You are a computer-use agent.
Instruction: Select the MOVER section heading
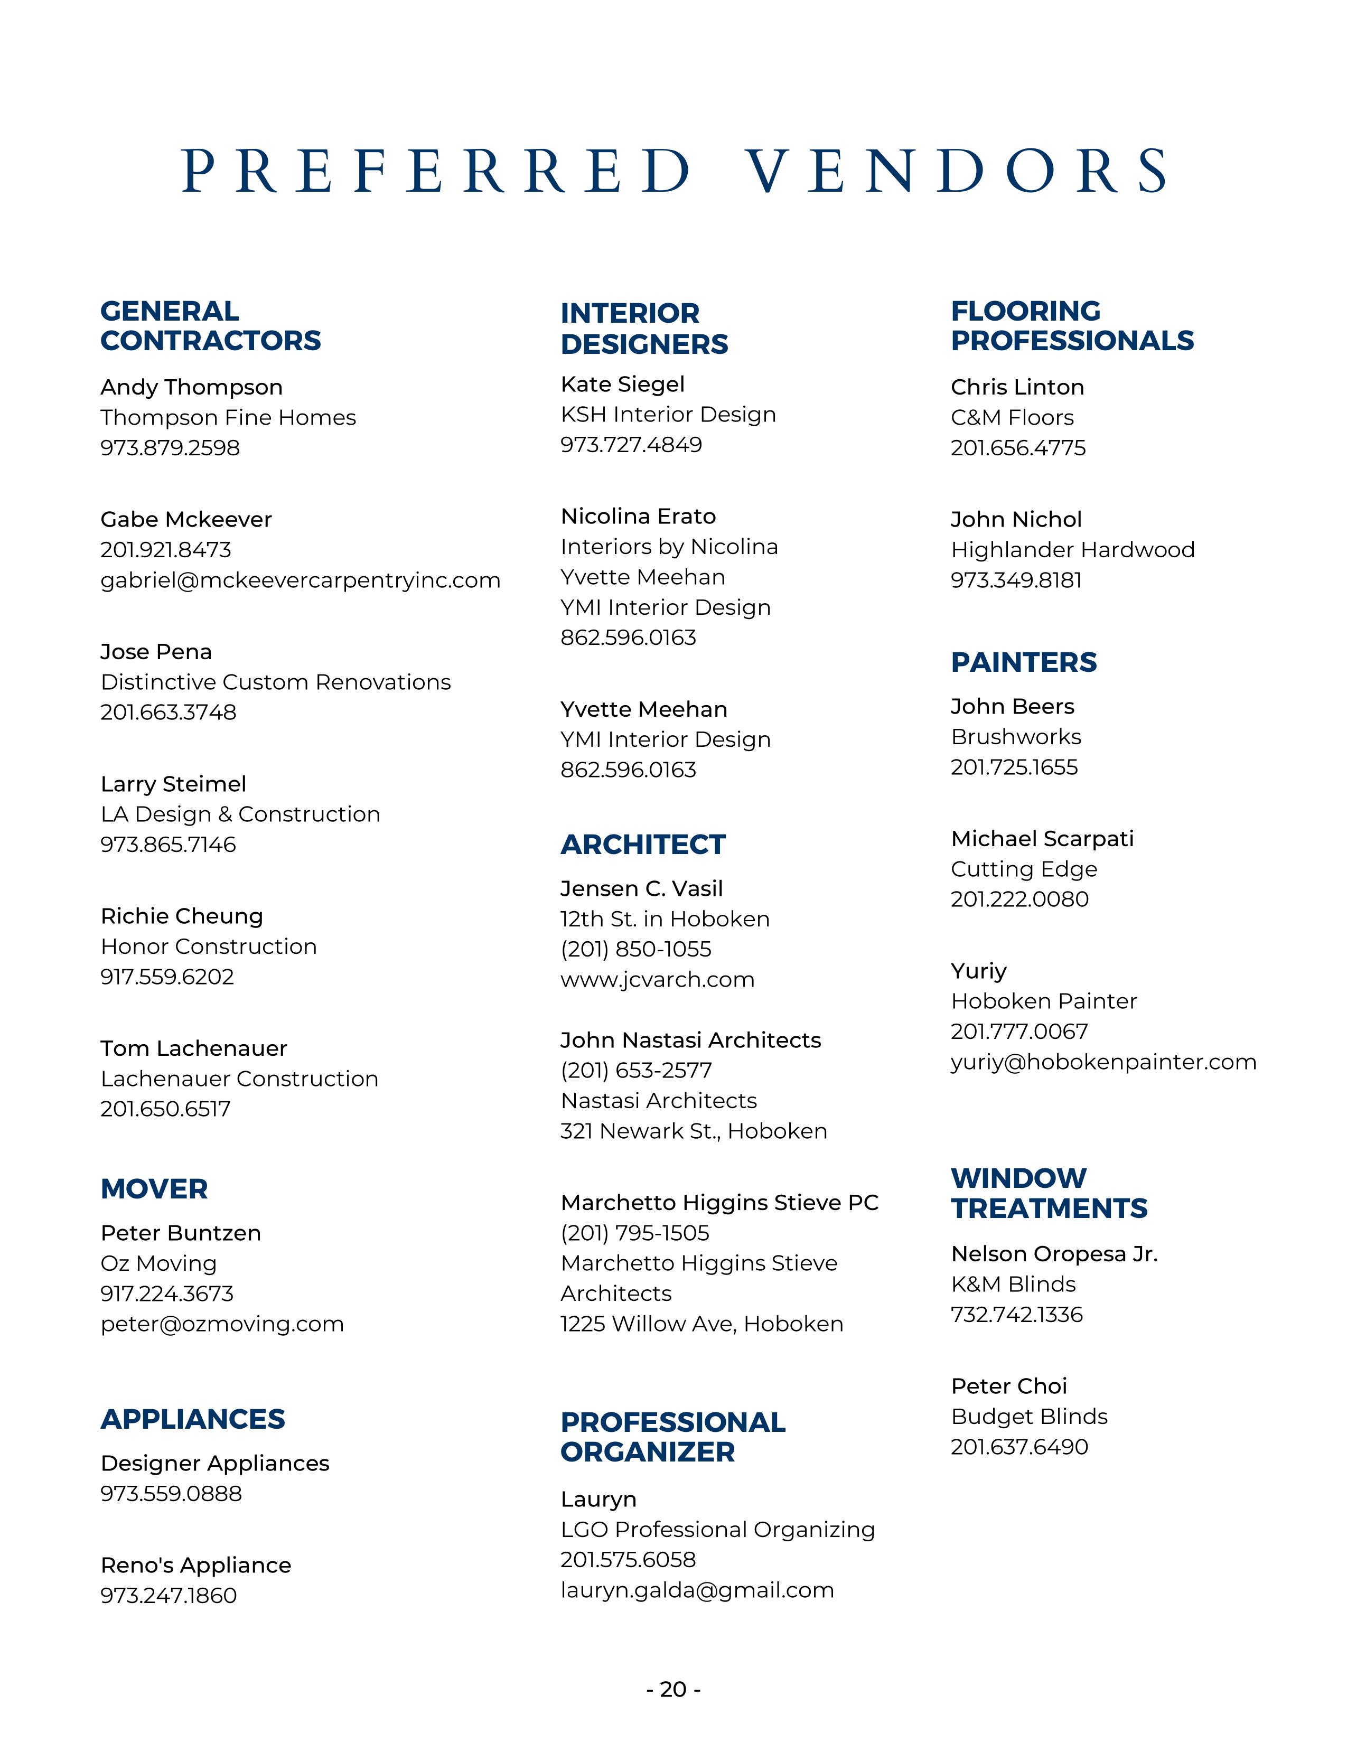154,1188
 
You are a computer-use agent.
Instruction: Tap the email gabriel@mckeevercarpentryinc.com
300,580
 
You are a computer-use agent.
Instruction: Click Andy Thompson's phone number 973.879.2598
170,448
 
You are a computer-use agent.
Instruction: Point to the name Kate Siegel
622,384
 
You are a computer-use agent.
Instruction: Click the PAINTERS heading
1024,662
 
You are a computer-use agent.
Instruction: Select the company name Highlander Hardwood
1072,550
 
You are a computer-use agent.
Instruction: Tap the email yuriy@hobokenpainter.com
1103,1062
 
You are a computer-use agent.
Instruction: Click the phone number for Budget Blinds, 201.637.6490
1019,1447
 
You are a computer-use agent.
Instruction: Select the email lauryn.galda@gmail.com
697,1590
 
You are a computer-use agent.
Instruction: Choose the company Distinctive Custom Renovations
275,682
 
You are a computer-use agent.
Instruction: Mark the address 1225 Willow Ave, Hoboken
701,1324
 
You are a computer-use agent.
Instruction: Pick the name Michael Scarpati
1042,839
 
